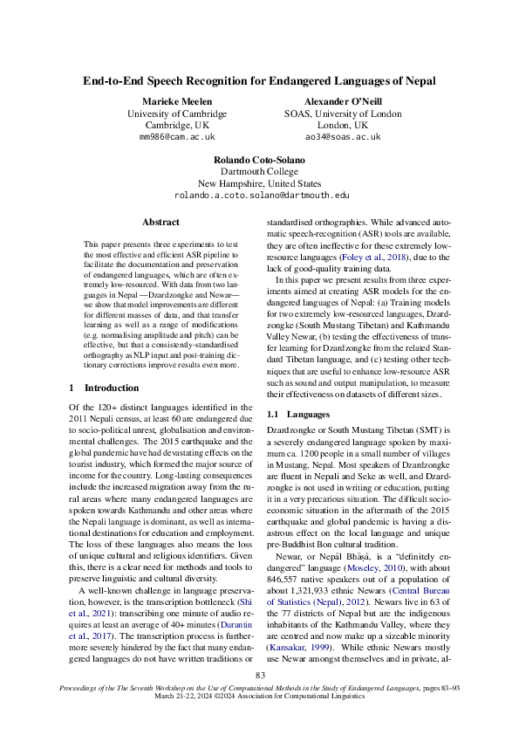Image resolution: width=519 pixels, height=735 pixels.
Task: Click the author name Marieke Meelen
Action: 176,102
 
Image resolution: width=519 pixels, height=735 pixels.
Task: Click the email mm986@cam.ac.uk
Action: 176,137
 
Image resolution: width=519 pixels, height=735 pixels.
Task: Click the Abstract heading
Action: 160,223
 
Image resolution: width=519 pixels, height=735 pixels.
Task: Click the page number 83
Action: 260,675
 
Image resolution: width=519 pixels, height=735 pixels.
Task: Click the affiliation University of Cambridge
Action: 176,113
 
